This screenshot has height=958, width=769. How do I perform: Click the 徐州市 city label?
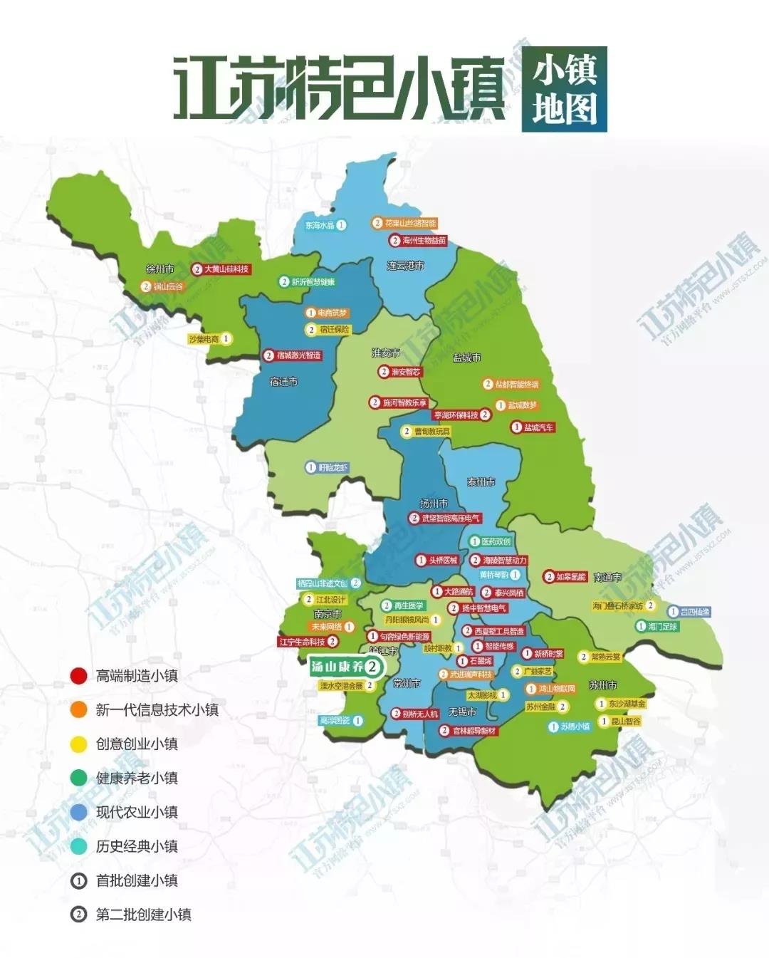click(x=159, y=269)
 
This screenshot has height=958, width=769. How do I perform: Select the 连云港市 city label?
click(x=405, y=266)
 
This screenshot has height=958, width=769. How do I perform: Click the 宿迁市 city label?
click(x=283, y=382)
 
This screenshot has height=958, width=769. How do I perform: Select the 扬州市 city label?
click(x=434, y=503)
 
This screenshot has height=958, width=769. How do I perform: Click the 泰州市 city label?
click(x=481, y=482)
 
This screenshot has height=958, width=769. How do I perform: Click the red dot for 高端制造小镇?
click(x=78, y=675)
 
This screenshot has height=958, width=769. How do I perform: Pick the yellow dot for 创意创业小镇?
click(x=78, y=744)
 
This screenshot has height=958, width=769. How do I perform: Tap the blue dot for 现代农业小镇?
click(x=78, y=812)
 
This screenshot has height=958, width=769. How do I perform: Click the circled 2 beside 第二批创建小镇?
click(x=78, y=915)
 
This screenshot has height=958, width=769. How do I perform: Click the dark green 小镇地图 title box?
click(x=564, y=90)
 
